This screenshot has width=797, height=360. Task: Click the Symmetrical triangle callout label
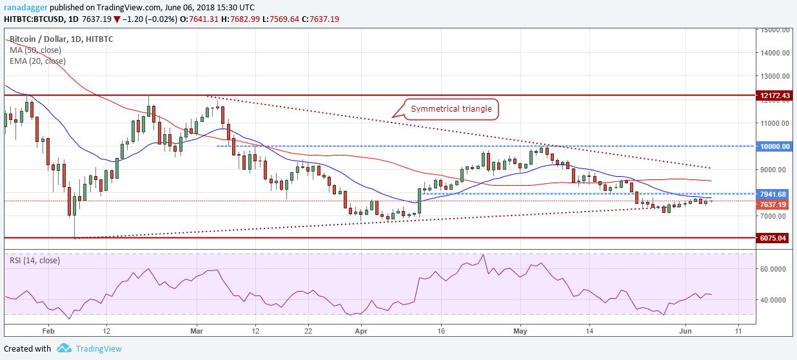451,109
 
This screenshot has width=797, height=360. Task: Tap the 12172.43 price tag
774,95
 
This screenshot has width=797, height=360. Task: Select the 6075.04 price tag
774,238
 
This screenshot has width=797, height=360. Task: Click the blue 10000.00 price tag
774,146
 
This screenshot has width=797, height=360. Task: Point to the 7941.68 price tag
774,194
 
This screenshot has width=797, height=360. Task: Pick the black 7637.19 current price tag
774,205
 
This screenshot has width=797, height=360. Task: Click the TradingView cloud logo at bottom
64,348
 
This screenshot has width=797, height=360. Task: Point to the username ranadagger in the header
26,6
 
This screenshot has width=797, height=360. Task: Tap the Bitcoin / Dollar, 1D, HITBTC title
62,39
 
